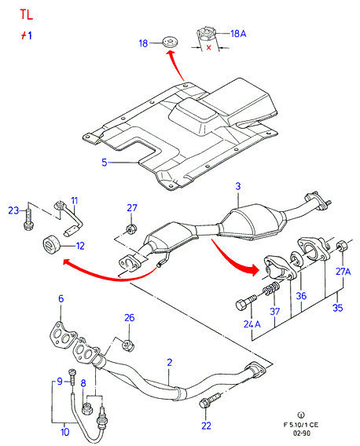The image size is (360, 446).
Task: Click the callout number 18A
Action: pos(238,34)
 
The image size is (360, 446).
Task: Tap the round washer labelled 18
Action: pos(171,42)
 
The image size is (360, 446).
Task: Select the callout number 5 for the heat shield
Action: pos(105,163)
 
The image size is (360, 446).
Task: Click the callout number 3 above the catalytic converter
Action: pos(238,186)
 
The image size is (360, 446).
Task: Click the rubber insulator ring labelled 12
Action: pos(50,245)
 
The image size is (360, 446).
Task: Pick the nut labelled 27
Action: pos(131,229)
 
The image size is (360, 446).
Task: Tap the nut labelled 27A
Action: pos(341,246)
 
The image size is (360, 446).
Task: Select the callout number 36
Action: pos(301,296)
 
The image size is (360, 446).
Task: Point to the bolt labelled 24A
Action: pos(246,302)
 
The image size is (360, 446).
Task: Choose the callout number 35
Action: pos(337,308)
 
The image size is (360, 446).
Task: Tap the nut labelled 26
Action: pos(128,345)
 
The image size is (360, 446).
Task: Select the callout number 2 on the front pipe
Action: pos(170,363)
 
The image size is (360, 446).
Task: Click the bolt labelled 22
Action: pos(210,400)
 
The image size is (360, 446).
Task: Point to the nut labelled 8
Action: pos(86,408)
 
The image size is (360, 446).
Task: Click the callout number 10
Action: pos(64,432)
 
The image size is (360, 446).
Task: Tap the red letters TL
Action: pos(27,14)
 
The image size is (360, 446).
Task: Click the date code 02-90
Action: pos(302,433)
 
